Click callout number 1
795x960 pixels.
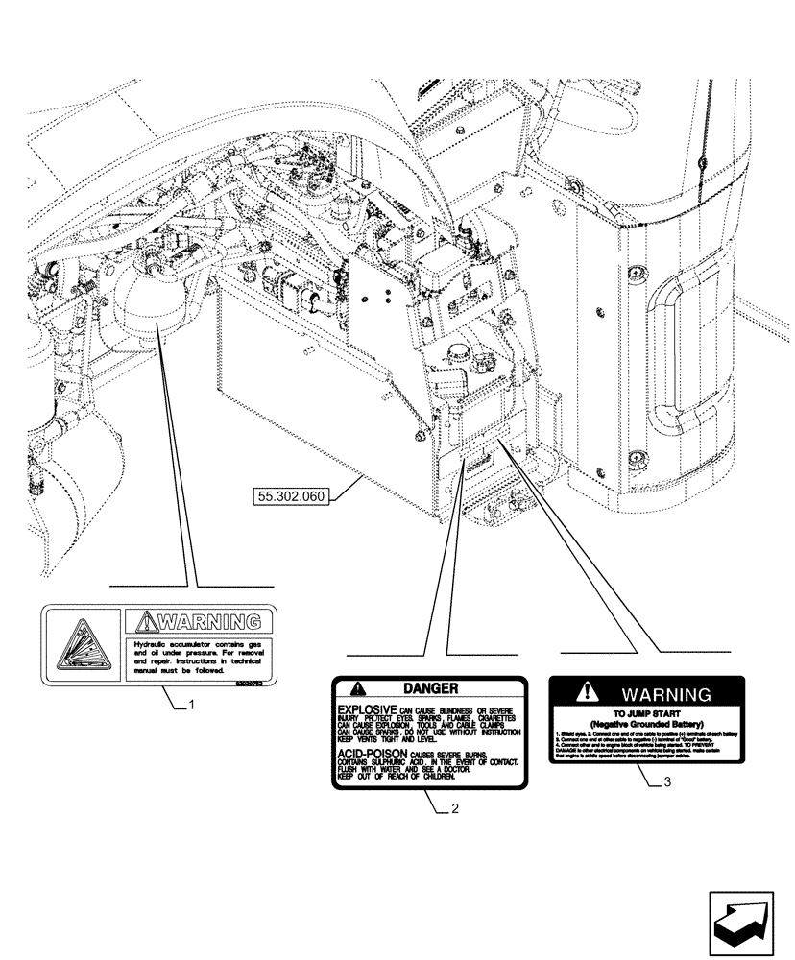pos(192,706)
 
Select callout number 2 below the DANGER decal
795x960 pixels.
pos(454,807)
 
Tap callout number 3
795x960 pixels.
pos(666,782)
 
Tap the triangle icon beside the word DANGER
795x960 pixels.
pos(357,688)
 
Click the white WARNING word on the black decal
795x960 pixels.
pos(665,693)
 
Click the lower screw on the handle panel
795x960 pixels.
pos(600,471)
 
